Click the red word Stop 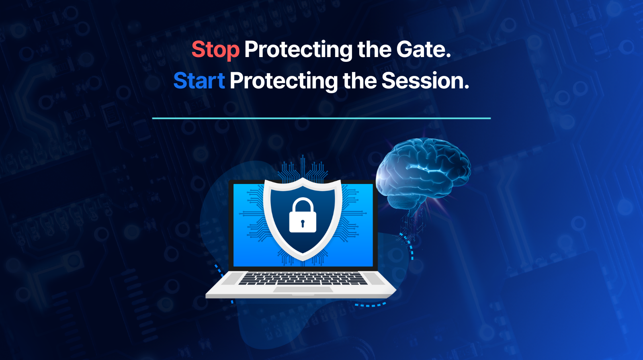pyautogui.click(x=215, y=50)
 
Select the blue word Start pyautogui.click(x=199, y=80)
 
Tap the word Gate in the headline pyautogui.click(x=424, y=49)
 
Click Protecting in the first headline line pyautogui.click(x=298, y=51)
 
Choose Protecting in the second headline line pyautogui.click(x=284, y=82)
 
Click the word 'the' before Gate pyautogui.click(x=374, y=49)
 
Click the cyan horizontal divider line pyautogui.click(x=321, y=118)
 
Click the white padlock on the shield pyautogui.click(x=303, y=215)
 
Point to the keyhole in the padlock pyautogui.click(x=303, y=223)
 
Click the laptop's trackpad pyautogui.click(x=303, y=289)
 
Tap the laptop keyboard pyautogui.click(x=303, y=278)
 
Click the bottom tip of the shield pyautogui.click(x=303, y=261)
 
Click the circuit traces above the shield pyautogui.click(x=303, y=170)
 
